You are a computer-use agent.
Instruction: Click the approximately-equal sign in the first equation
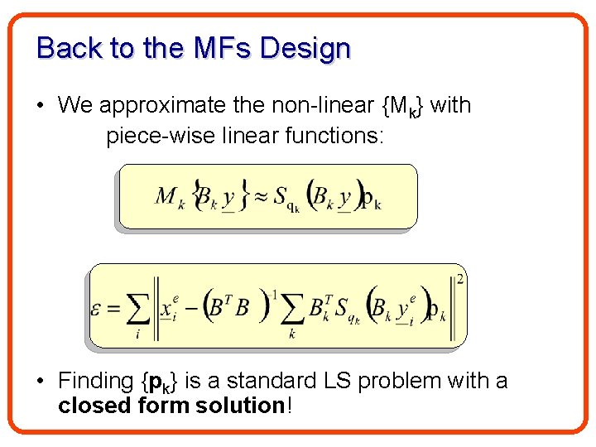pyautogui.click(x=262, y=196)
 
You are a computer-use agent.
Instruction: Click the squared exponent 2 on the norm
pyautogui.click(x=459, y=279)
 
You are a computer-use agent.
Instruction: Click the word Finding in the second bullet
pyautogui.click(x=97, y=382)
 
